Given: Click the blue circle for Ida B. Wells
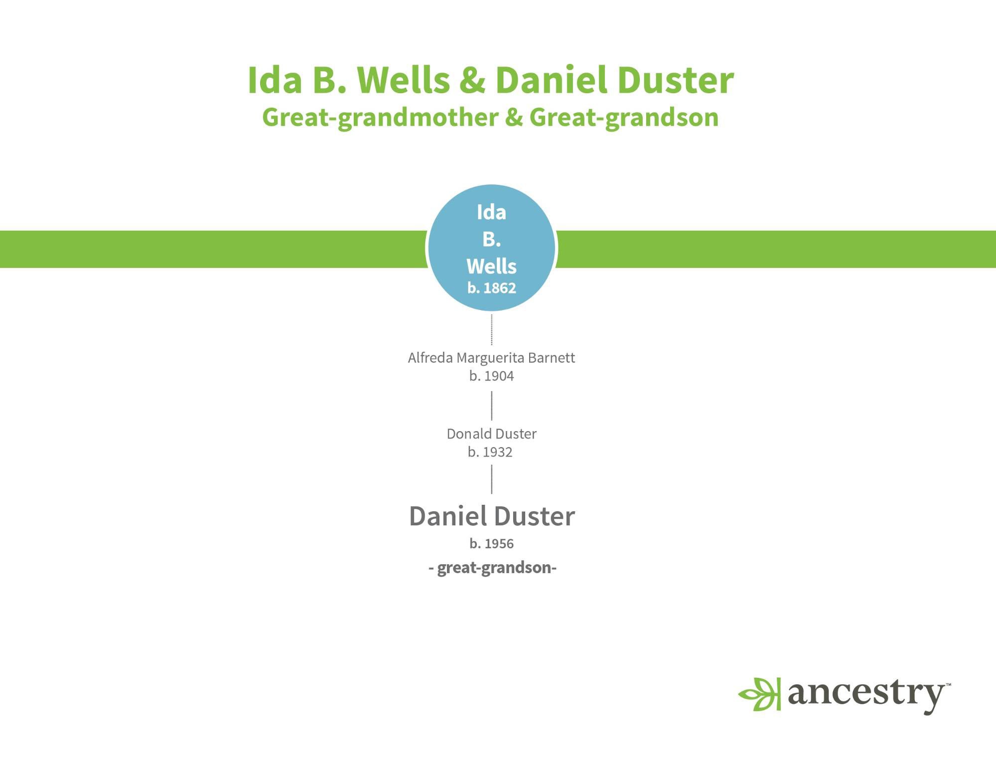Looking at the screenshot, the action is pos(491,248).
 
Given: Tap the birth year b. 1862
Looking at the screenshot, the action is pos(492,288).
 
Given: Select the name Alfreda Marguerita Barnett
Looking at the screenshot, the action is pos(491,358).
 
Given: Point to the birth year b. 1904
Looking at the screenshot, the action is pos(491,376).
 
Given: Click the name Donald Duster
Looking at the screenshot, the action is pos(491,434).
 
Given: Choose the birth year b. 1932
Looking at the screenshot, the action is pos(490,452).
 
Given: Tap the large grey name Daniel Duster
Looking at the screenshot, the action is pos(492,516).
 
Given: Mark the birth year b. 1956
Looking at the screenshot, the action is pos(491,543).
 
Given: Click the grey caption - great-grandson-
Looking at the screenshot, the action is pos(492,568).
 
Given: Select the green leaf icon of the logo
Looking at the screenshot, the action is pos(759,694).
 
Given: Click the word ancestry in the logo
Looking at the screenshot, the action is pos(867,696).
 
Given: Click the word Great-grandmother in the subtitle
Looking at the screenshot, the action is pos(380,118).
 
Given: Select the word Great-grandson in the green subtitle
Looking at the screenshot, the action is pos(624,118).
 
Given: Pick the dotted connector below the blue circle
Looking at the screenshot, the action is pos(492,329).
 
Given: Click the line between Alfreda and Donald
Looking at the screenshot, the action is pos(492,406).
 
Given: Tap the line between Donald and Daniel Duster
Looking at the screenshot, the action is pos(492,479).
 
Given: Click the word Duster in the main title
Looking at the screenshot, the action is pos(675,80).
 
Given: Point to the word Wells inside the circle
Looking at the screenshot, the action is pos(491,266).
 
